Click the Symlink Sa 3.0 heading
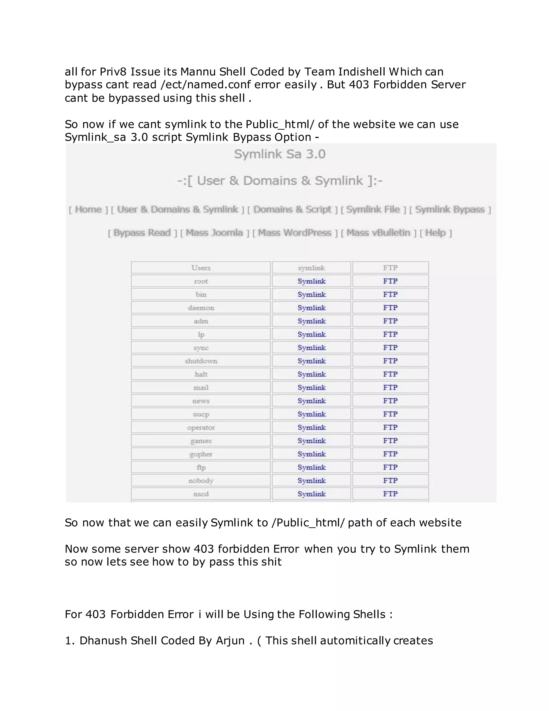pyautogui.click(x=280, y=154)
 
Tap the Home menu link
pyautogui.click(x=88, y=209)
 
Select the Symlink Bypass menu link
pyautogui.click(x=450, y=209)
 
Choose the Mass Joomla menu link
pyautogui.click(x=214, y=233)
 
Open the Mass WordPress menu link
pyautogui.click(x=295, y=233)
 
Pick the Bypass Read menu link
pyautogui.click(x=142, y=233)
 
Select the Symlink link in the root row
pyautogui.click(x=311, y=281)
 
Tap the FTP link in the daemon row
pyautogui.click(x=390, y=308)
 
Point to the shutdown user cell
pyautogui.click(x=201, y=361)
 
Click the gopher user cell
pyautogui.click(x=201, y=454)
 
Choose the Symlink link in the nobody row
pyautogui.click(x=311, y=481)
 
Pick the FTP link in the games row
pyautogui.click(x=390, y=441)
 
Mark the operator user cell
pyautogui.click(x=201, y=427)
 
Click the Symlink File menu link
pyautogui.click(x=373, y=209)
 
